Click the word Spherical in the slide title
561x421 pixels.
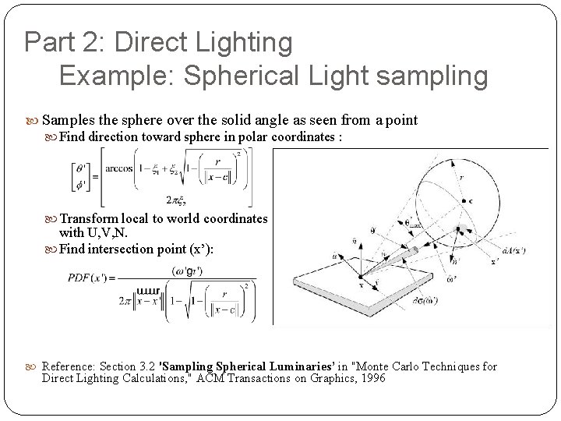(240, 76)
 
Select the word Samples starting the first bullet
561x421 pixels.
(69, 120)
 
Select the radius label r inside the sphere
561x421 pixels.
(461, 178)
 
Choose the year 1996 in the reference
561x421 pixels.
(369, 379)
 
